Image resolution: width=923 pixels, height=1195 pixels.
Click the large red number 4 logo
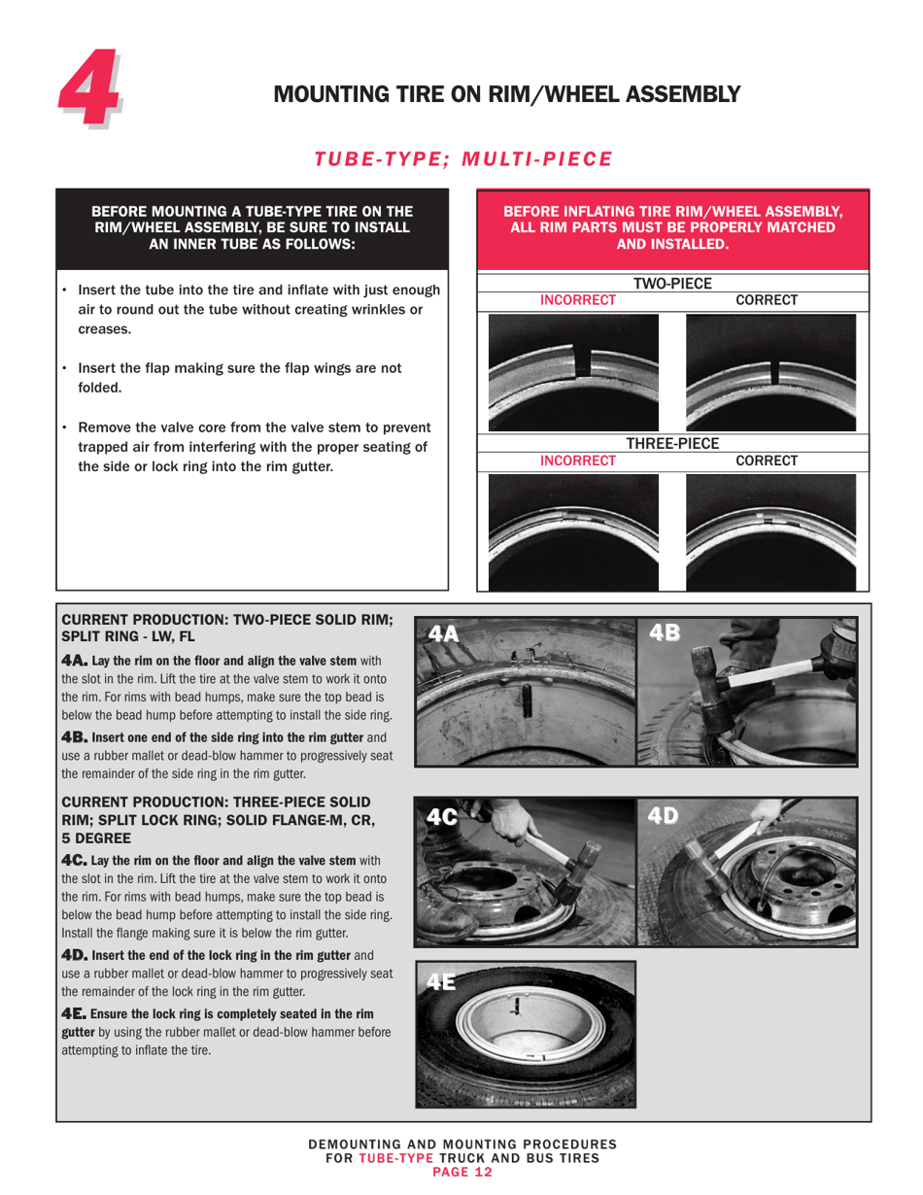click(x=90, y=93)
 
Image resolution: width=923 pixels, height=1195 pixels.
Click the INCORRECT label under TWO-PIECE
click(x=577, y=300)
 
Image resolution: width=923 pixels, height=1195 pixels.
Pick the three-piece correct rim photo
click(x=770, y=531)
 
